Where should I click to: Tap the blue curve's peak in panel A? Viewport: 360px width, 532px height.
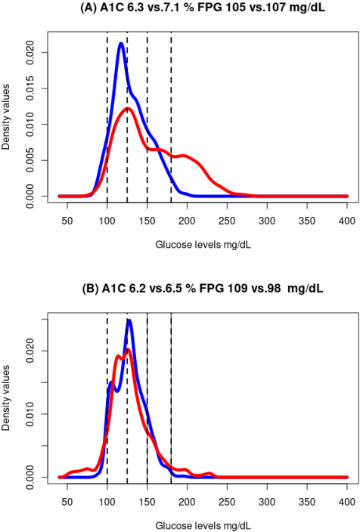pyautogui.click(x=121, y=43)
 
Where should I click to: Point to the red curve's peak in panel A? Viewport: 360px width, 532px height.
pyautogui.click(x=129, y=109)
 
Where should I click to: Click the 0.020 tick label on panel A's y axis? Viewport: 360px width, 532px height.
pyautogui.click(x=28, y=53)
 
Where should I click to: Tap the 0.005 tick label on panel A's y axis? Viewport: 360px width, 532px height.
pyautogui.click(x=28, y=160)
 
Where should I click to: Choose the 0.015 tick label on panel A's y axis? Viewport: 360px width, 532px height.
pyautogui.click(x=28, y=88)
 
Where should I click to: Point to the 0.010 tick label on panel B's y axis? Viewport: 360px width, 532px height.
pyautogui.click(x=28, y=414)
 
